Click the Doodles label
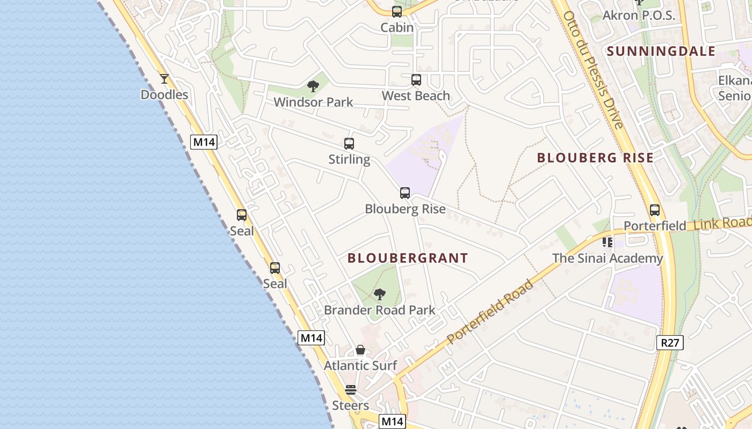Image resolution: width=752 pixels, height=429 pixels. pos(164,95)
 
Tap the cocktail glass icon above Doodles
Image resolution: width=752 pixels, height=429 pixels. pos(164,79)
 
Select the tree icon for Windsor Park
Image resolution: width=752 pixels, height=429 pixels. pos(313,86)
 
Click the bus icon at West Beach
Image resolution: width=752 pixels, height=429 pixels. pos(416,80)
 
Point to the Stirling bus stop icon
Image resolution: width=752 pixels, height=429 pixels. pos(349,144)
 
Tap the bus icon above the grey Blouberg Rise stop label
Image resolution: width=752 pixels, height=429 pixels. pos(405,193)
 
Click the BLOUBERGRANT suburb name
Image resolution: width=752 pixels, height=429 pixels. pos(408,258)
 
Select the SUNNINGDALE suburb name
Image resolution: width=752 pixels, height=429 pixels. pos(661,51)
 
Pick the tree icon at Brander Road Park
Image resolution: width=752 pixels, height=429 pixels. pos(380,294)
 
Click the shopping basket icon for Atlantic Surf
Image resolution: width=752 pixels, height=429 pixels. pos(360,350)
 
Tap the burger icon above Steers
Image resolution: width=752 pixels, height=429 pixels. pos(351,390)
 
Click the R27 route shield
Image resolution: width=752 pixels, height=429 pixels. pos(670,343)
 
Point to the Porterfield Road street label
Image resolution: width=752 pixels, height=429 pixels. pos(490,312)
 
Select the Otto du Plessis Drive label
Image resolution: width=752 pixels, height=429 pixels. pos(593,70)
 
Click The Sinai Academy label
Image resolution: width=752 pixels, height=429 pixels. pos(608,258)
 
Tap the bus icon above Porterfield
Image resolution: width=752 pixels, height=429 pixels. pos(654,210)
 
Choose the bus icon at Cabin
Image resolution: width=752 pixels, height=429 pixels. pos(397,12)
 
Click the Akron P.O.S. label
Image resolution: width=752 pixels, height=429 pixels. pos(639,16)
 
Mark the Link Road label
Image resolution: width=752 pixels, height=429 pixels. pos(722,223)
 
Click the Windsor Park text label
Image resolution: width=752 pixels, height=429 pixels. pos(313,102)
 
